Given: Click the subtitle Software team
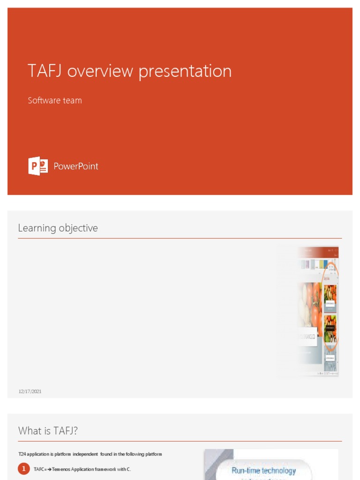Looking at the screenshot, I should point(55,100).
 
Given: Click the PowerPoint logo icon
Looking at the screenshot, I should point(38,166).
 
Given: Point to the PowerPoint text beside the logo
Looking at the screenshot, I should point(76,166).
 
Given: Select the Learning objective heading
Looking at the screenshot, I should point(58,228).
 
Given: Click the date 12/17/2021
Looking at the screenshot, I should point(30,391).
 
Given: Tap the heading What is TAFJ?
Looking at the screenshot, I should point(48,431).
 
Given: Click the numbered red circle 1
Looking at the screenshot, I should point(24,469).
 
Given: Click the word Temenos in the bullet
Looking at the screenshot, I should point(60,469).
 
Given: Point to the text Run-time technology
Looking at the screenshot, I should point(263,471).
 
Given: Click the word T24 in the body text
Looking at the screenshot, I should point(22,454).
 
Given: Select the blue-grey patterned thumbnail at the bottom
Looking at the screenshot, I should point(330,360).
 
